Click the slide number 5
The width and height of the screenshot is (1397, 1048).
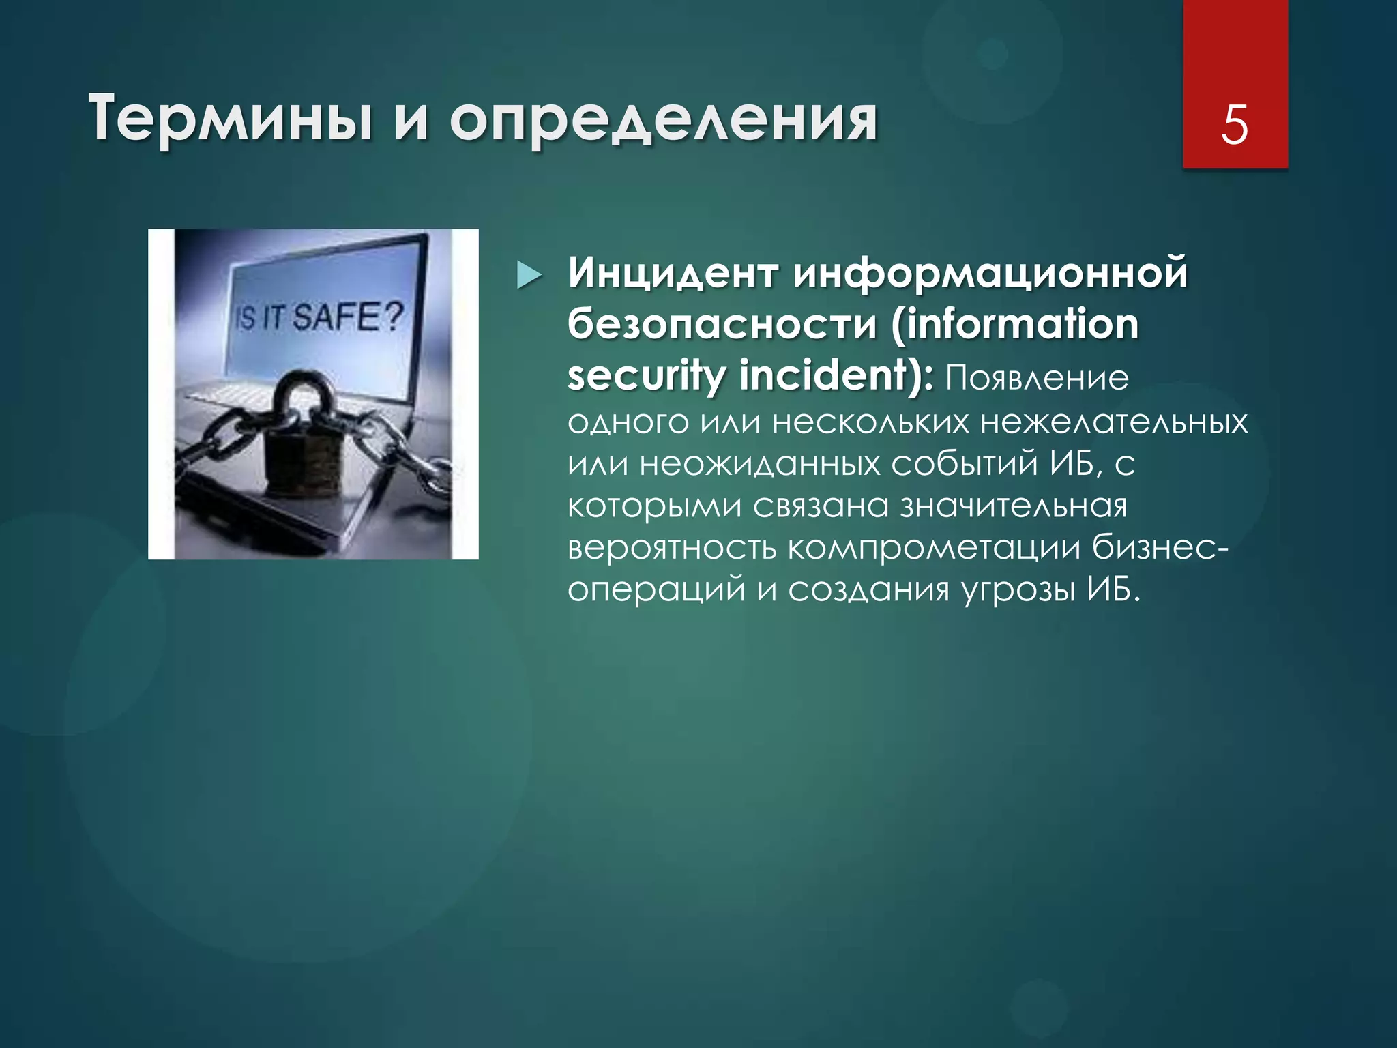point(1235,125)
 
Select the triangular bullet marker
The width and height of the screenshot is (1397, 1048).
point(529,276)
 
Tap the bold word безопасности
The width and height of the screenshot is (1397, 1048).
point(722,325)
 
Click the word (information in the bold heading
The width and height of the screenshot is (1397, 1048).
point(1014,325)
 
